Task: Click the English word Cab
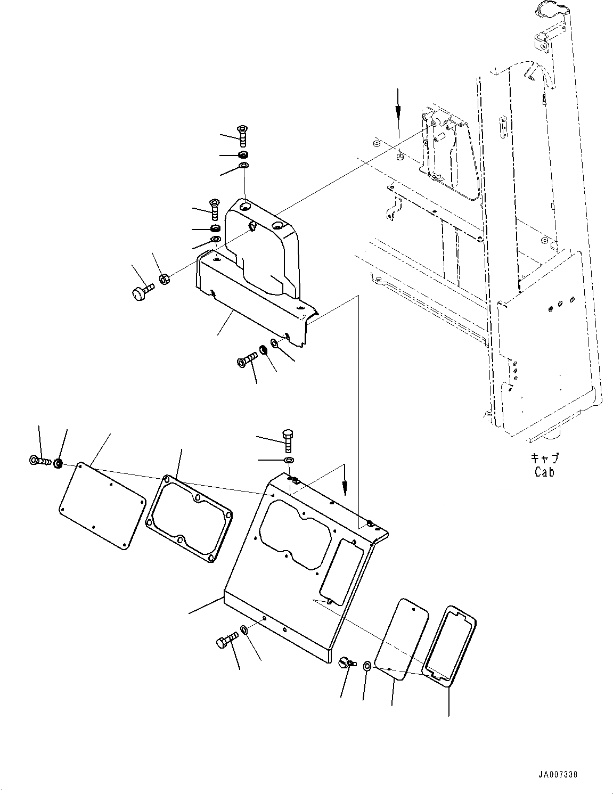(x=544, y=472)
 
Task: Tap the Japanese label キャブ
(x=544, y=459)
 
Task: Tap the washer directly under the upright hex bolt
(x=289, y=459)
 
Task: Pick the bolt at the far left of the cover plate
(x=39, y=461)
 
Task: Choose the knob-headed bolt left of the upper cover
(x=141, y=291)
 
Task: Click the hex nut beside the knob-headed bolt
(x=165, y=279)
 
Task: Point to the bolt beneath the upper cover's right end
(x=247, y=362)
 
